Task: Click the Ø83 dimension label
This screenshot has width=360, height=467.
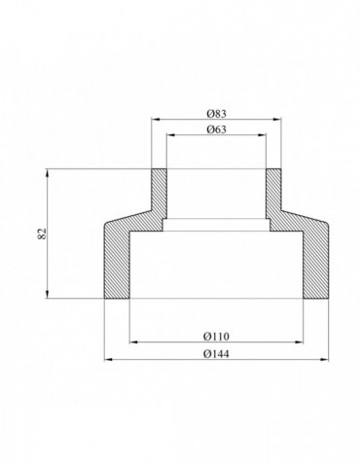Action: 216,114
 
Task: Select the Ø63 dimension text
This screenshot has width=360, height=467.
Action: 216,129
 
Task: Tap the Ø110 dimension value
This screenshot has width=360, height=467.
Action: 216,337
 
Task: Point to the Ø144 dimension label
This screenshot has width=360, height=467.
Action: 216,354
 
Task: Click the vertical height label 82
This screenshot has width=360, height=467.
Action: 43,233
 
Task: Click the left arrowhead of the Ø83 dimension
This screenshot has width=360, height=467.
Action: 156,120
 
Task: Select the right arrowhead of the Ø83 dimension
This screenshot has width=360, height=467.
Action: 277,120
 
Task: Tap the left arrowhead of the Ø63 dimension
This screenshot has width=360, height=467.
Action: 170,135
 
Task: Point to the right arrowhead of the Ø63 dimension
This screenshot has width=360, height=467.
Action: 262,135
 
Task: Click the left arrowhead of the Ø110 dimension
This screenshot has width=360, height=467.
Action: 133,341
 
